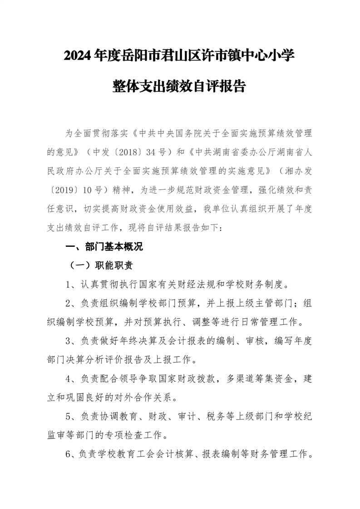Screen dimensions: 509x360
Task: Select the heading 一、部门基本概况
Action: (104, 247)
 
